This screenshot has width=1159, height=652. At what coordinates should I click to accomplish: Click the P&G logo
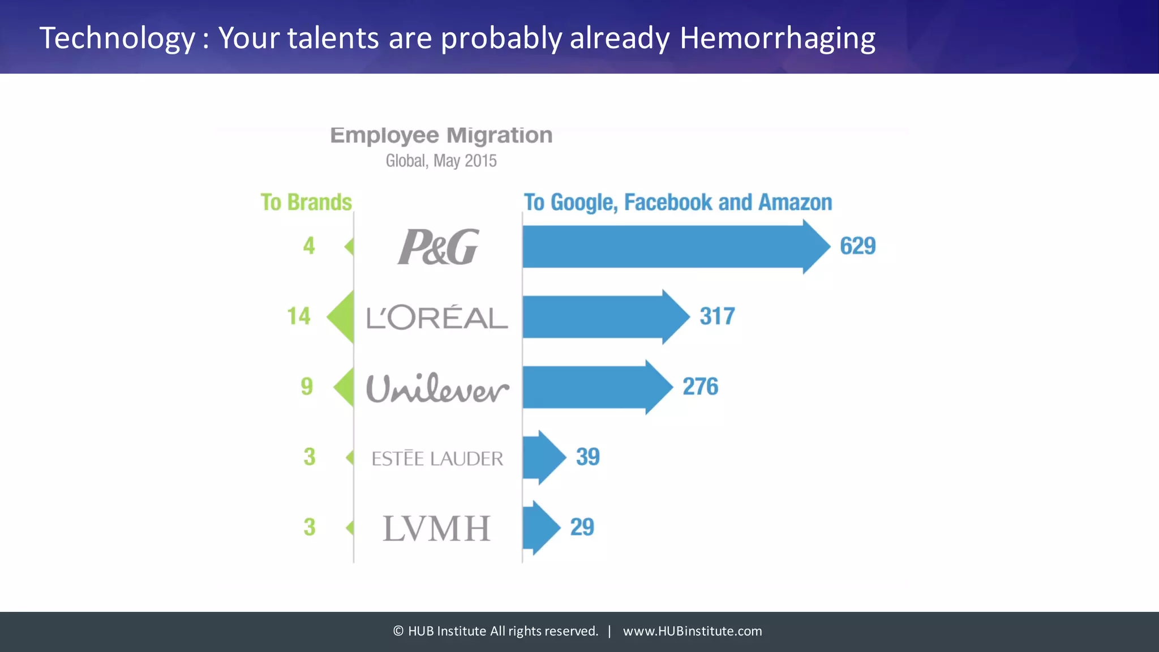coord(438,247)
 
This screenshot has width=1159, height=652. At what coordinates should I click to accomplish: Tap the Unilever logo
coord(437,388)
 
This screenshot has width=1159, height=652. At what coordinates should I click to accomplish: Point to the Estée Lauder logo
coord(437,458)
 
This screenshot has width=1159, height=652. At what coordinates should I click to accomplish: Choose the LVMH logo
coord(436,528)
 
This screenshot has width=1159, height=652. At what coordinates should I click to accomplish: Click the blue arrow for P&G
coord(673,247)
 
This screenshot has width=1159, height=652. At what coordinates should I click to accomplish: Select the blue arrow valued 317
coord(603,317)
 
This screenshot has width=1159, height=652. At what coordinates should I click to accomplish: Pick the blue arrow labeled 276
coord(594,387)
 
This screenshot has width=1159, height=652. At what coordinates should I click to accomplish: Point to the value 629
coord(857,246)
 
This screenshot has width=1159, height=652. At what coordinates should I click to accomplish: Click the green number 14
coord(299,316)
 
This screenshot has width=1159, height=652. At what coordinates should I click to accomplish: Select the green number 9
coord(307,387)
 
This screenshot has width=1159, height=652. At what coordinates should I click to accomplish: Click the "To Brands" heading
coord(306,202)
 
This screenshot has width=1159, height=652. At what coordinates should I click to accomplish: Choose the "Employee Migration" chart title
coord(441,135)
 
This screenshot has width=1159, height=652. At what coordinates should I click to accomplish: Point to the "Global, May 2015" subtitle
coord(441,161)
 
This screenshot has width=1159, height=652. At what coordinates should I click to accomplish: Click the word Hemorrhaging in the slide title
coord(777,38)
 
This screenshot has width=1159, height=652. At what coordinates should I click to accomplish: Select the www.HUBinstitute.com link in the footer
coord(692,631)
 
